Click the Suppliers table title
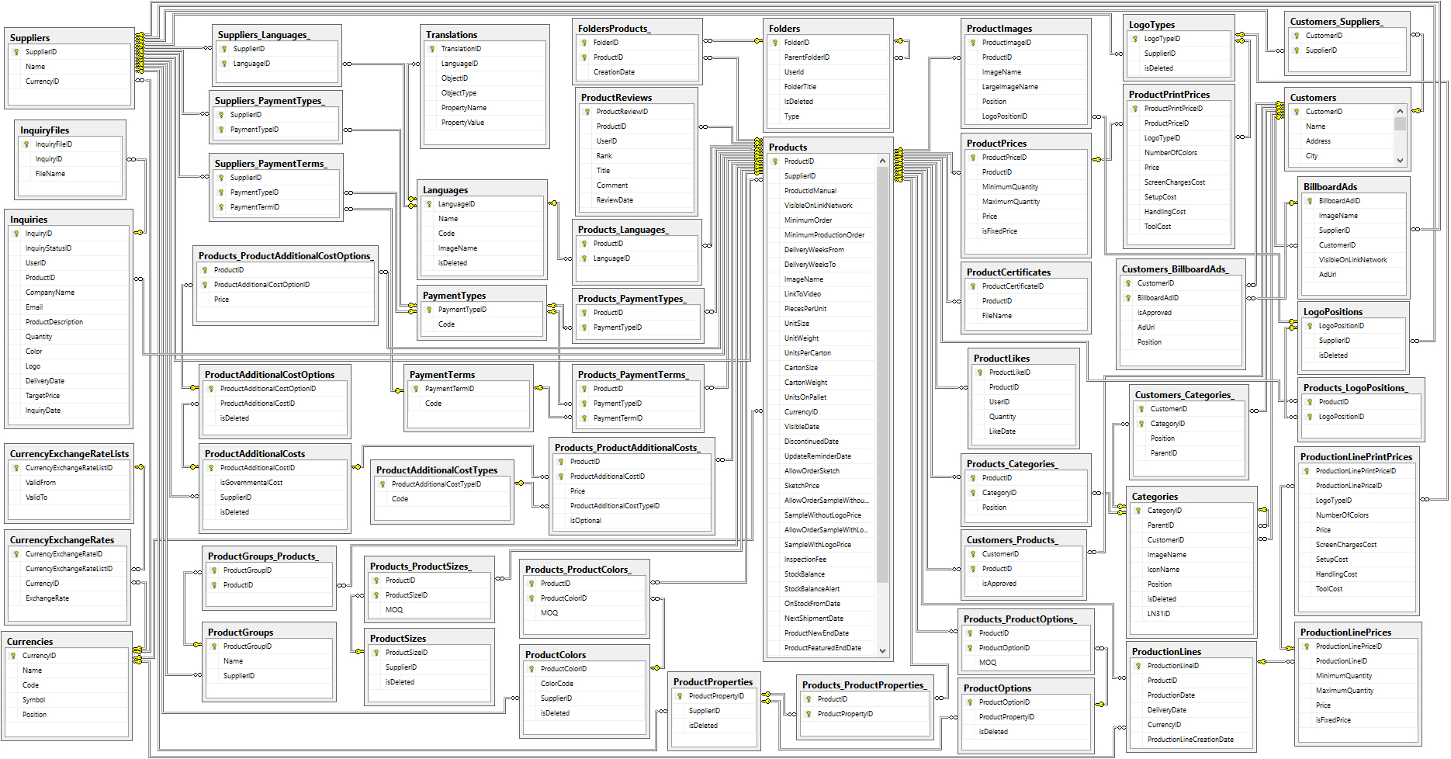click(x=29, y=37)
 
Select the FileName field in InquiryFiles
click(x=50, y=174)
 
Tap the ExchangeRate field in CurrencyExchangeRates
click(x=47, y=598)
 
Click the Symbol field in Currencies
click(x=33, y=700)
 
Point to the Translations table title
click(x=452, y=35)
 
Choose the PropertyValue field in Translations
click(x=462, y=123)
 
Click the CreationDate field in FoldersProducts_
click(x=614, y=72)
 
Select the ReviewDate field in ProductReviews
click(x=615, y=200)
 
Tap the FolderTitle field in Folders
click(x=800, y=87)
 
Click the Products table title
click(x=788, y=147)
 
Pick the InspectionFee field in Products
click(x=805, y=560)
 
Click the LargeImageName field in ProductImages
click(x=1010, y=87)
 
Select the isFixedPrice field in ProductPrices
click(x=999, y=231)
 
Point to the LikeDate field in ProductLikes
click(x=1003, y=431)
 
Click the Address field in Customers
click(x=1318, y=141)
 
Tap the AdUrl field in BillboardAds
click(x=1328, y=275)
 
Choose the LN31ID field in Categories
click(x=1158, y=614)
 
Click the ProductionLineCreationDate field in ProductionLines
click(x=1190, y=740)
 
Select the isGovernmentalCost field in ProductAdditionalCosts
click(x=251, y=483)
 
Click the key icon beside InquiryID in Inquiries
click(x=16, y=234)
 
